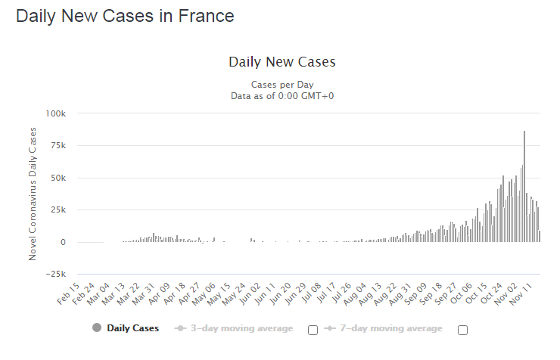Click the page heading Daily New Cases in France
125,16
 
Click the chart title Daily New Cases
282,62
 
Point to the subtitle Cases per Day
282,84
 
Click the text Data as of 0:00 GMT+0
282,95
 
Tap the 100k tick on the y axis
56,113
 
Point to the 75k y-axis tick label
58,146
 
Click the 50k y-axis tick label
58,178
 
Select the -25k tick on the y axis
56,274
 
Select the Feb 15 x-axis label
69,293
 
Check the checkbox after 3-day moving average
313,330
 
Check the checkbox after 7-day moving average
462,330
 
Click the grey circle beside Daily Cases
96,328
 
